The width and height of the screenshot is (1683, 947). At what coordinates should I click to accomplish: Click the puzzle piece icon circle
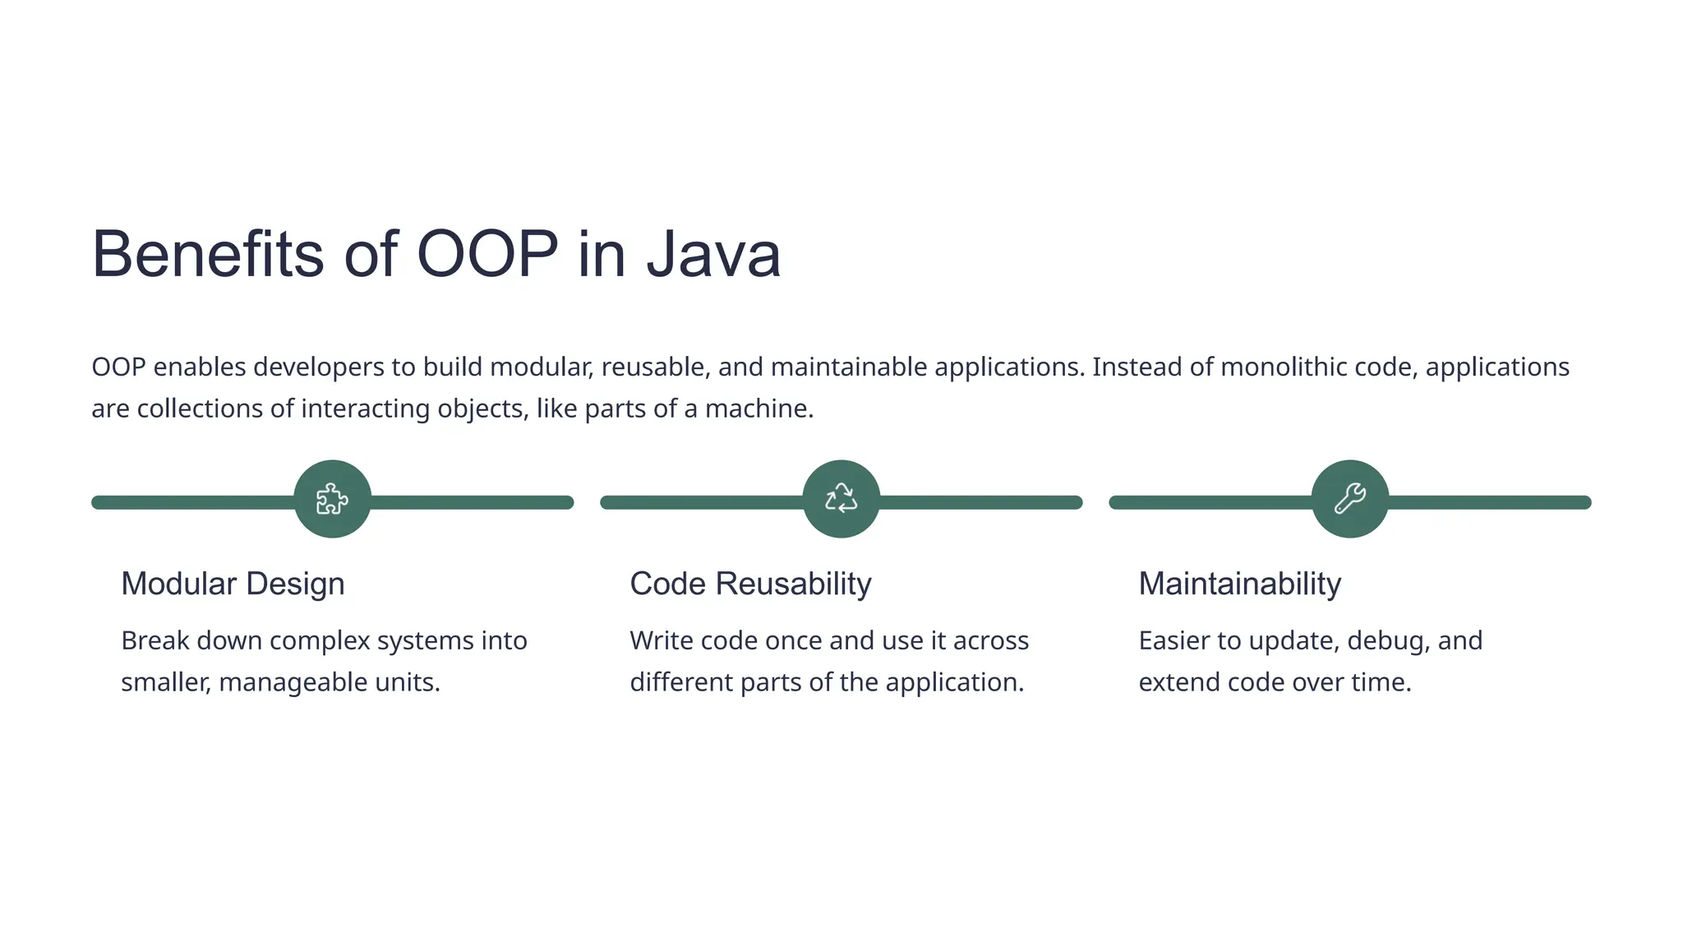[332, 499]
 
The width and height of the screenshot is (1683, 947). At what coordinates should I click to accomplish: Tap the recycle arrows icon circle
[841, 499]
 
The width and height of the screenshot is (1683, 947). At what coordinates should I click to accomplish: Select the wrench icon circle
[1349, 499]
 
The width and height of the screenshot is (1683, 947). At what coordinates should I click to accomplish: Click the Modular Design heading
[233, 584]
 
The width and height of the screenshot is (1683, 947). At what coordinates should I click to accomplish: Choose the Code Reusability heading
[750, 584]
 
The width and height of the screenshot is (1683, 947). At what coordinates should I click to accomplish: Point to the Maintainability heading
[1239, 584]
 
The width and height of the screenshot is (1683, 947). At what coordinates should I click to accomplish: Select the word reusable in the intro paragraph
[654, 367]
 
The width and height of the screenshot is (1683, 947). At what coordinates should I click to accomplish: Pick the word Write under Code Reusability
[662, 640]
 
